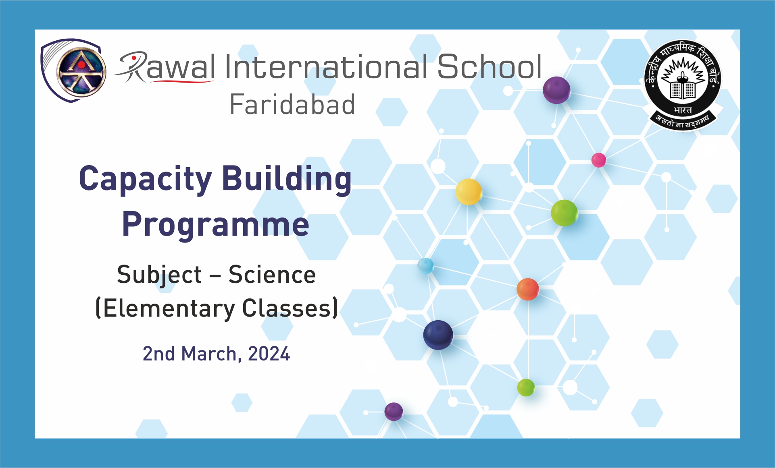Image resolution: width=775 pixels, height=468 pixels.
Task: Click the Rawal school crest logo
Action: click(73, 70)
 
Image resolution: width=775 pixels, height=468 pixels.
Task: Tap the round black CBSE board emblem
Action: click(683, 85)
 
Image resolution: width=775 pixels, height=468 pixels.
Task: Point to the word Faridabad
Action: click(292, 104)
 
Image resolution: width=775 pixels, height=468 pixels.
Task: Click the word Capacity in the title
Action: click(146, 179)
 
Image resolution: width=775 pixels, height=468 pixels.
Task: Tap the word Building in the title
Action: click(287, 179)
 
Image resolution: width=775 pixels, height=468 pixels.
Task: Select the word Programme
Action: click(216, 225)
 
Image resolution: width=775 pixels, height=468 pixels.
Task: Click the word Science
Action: click(272, 275)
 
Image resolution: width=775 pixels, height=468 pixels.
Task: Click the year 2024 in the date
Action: click(269, 354)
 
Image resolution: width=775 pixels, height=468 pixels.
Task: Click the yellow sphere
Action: click(469, 192)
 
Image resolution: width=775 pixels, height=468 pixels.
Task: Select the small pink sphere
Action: click(599, 160)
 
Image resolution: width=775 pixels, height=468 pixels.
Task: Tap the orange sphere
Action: click(528, 289)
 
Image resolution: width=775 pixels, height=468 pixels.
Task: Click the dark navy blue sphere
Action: click(438, 335)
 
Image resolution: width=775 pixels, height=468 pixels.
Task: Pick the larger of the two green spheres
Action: click(565, 213)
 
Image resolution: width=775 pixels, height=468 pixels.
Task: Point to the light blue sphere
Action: click(425, 266)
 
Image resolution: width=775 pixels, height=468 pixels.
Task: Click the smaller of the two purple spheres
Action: click(394, 412)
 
